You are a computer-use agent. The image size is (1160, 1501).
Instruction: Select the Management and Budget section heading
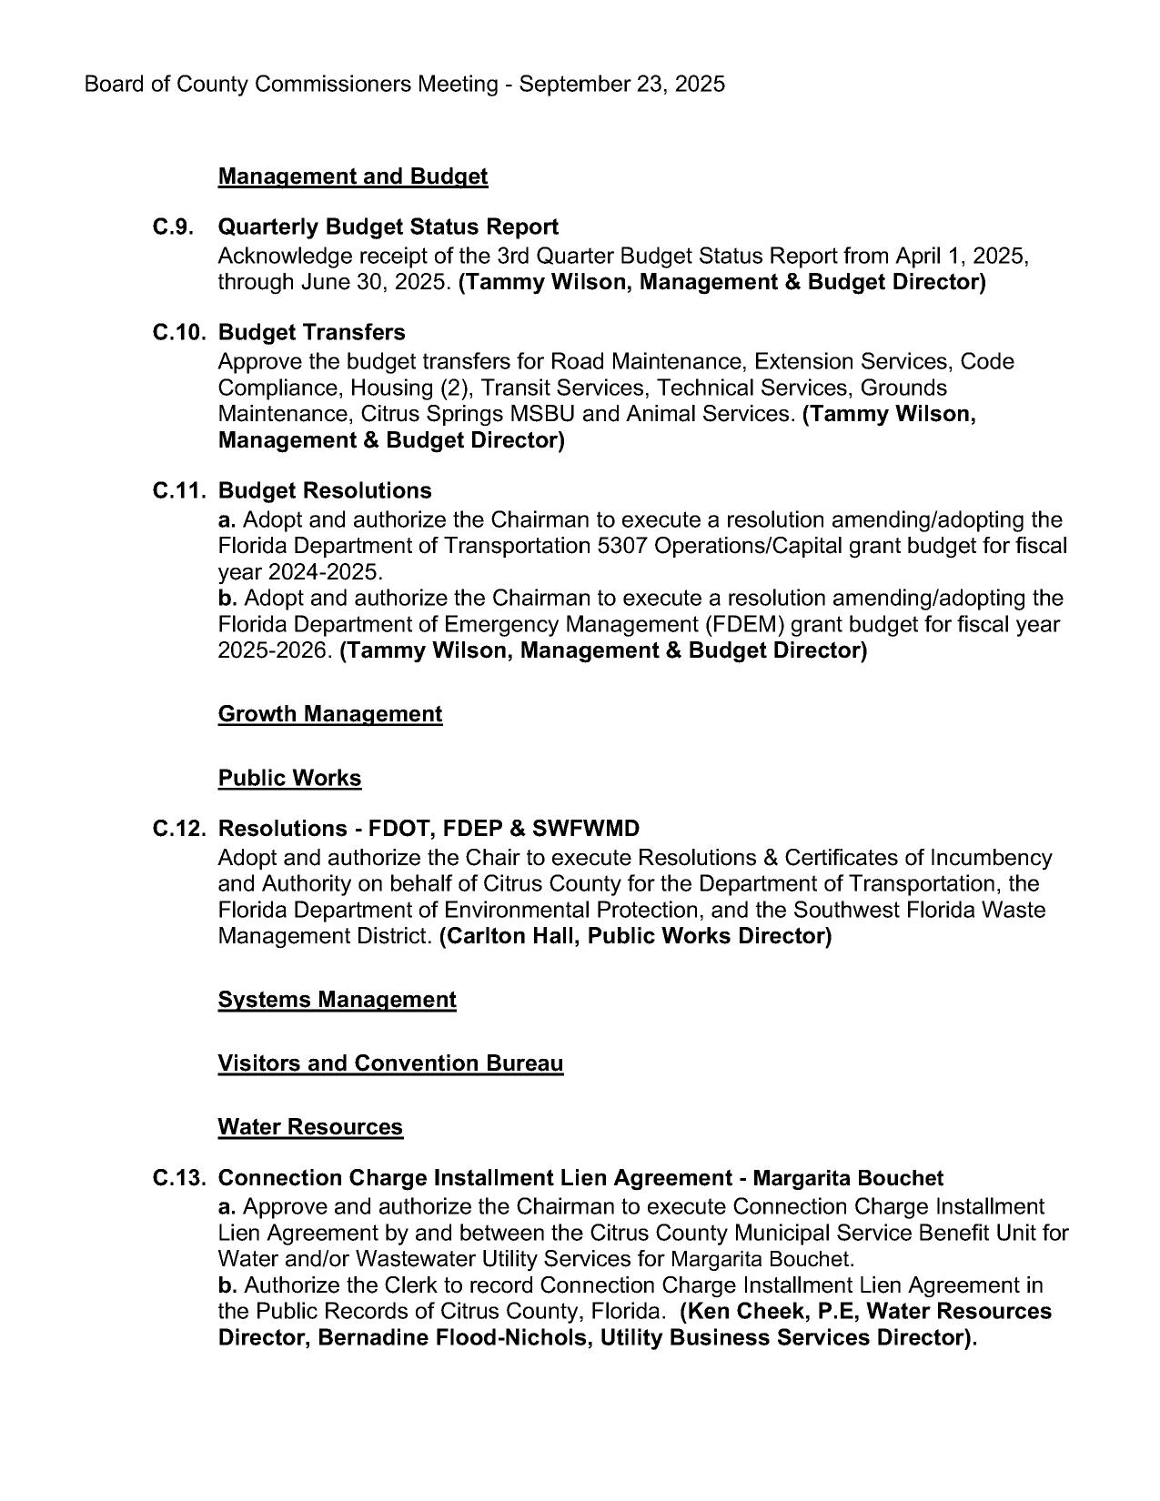tap(353, 176)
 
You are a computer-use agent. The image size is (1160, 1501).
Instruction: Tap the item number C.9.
tap(174, 227)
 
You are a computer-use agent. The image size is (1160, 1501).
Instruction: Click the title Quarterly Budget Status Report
tap(388, 227)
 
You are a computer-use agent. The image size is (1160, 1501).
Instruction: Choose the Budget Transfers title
tap(312, 332)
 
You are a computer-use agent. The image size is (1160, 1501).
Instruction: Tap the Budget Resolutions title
tap(325, 491)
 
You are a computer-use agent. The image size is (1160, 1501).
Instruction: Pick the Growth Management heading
tap(330, 714)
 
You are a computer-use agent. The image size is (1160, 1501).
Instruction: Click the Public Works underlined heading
tap(289, 779)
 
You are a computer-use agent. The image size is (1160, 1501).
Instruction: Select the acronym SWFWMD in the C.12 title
tap(588, 829)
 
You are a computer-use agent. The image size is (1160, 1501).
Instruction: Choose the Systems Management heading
tap(337, 1000)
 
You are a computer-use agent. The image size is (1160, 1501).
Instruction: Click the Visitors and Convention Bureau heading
tap(390, 1063)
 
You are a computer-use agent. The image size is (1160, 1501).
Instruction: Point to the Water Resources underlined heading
tap(310, 1127)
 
